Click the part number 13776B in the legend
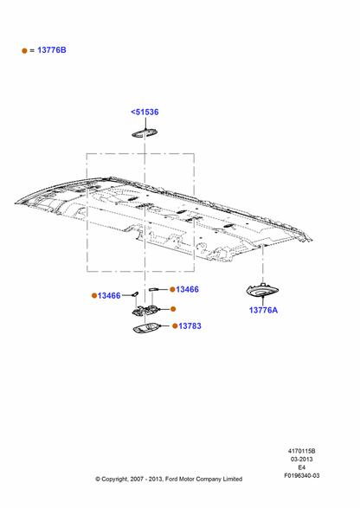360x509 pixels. [52, 50]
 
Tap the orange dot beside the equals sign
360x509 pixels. [24, 50]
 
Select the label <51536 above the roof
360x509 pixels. [145, 112]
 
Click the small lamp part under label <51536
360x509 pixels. [145, 132]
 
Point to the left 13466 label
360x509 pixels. [109, 296]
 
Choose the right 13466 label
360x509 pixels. [187, 289]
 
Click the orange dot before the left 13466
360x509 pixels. [94, 296]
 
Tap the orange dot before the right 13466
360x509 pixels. [172, 289]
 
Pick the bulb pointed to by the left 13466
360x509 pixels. [135, 293]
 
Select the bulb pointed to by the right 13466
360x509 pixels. [153, 289]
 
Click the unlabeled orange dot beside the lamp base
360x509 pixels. [173, 309]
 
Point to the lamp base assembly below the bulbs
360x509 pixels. [145, 310]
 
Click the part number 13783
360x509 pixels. [190, 325]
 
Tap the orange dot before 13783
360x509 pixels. [175, 325]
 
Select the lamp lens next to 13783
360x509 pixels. [147, 328]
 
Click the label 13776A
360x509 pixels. [263, 310]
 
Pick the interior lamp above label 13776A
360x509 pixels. [262, 291]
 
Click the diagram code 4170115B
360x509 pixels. [301, 451]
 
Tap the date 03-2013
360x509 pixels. [301, 459]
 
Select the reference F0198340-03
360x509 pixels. [302, 475]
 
